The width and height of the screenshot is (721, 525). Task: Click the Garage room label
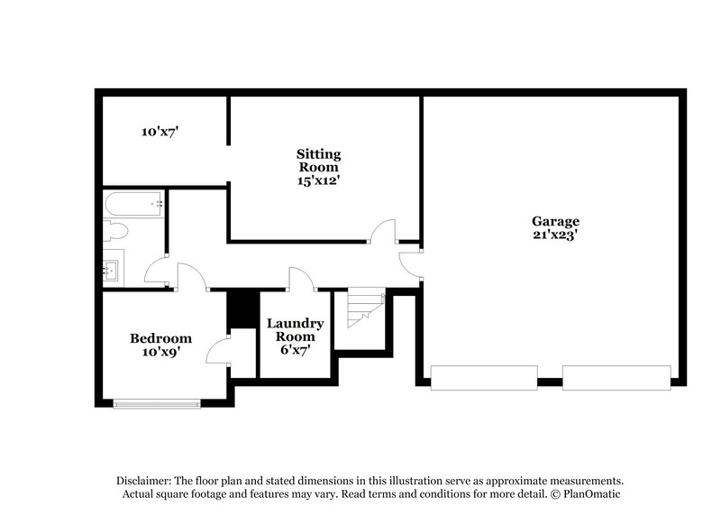[x=554, y=221]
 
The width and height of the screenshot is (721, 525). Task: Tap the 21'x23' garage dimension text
[x=554, y=236]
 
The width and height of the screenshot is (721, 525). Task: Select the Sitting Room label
[x=319, y=161]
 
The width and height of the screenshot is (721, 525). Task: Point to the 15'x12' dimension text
[x=319, y=180]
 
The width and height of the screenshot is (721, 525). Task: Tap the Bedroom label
[x=160, y=338]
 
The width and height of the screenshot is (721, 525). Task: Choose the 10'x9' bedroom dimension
[x=160, y=353]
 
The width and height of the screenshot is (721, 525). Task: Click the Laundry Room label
[x=296, y=330]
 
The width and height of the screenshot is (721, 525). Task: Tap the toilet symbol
[x=114, y=232]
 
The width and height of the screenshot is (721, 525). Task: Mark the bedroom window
[x=157, y=403]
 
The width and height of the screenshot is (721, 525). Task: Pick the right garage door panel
[x=617, y=377]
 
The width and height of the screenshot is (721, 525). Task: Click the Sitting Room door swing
[x=383, y=233]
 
